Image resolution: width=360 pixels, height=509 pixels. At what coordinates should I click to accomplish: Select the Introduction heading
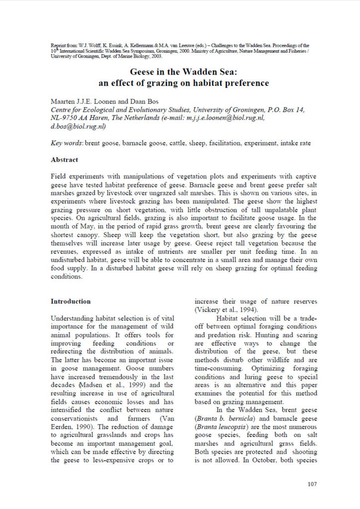tap(71, 301)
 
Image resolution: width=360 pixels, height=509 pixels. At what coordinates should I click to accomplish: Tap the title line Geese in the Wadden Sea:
tap(180, 73)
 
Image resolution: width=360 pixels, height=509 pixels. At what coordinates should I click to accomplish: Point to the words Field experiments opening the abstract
tap(78, 177)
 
